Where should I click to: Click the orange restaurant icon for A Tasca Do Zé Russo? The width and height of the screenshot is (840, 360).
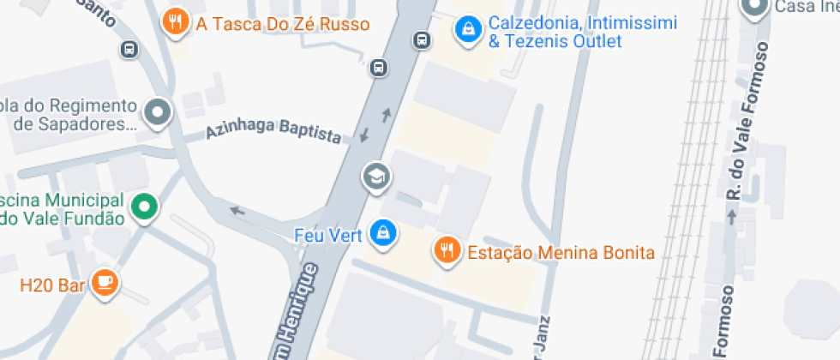coord(176,22)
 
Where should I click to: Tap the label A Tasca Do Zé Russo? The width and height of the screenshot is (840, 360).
coord(283,24)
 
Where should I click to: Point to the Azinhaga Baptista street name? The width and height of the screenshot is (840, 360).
coord(273,131)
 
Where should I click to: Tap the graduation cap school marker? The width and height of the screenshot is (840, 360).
coord(376,177)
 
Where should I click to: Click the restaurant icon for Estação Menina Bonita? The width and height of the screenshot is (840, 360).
coord(446,251)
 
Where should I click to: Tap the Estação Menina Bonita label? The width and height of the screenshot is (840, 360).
coord(561,253)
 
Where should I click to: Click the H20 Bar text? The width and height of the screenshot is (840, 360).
coord(52,285)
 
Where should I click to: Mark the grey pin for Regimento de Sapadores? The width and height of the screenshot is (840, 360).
coord(158,112)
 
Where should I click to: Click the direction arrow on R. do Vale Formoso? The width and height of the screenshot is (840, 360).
coord(731,217)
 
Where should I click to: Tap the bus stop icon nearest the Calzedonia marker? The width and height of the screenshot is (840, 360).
coord(421,39)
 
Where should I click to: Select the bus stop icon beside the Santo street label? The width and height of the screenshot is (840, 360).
coord(129,49)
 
